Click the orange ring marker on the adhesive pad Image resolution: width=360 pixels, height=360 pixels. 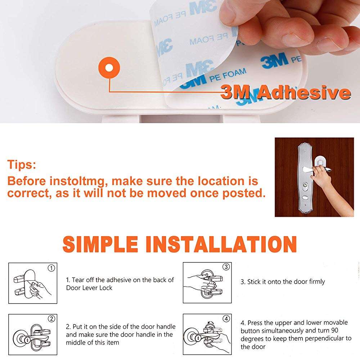[x=109, y=68]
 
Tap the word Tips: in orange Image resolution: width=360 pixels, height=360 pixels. [x=22, y=165]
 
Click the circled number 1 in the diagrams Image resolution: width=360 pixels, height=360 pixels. [x=51, y=268]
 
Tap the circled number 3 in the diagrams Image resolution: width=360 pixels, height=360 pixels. [x=226, y=267]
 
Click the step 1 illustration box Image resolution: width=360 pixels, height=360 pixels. [x=33, y=283]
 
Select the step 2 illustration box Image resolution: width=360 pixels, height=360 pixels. [x=33, y=333]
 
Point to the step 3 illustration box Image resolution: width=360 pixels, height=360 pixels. [x=207, y=282]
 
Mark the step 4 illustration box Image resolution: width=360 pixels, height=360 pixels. [x=207, y=333]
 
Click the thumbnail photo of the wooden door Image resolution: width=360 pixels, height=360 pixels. [x=314, y=177]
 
